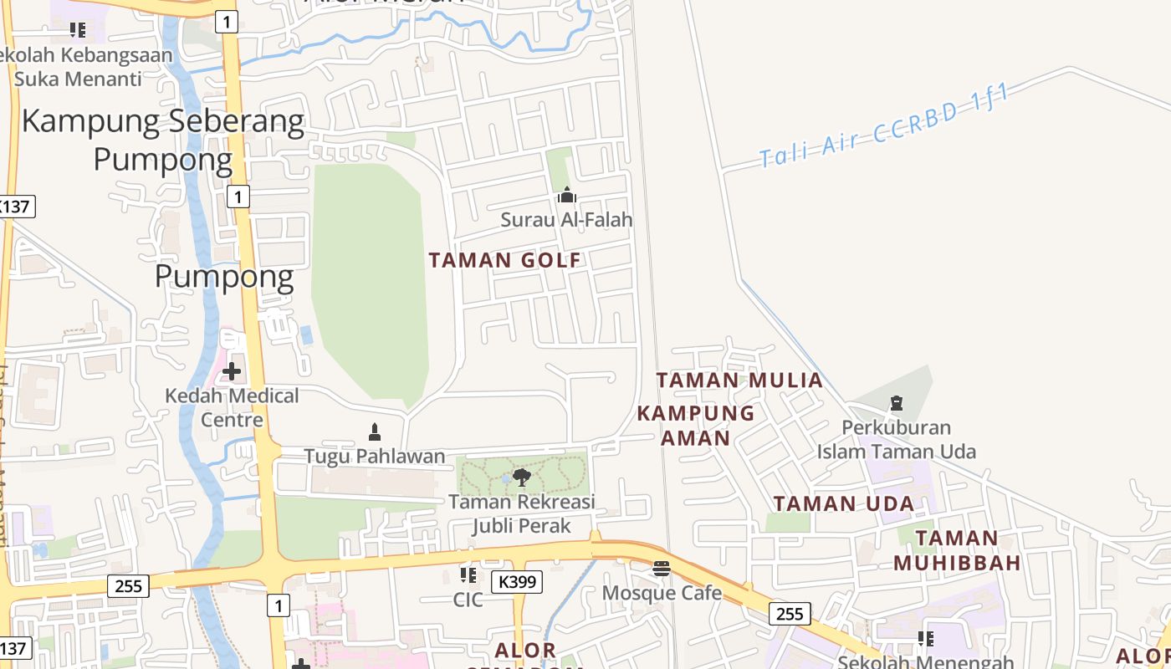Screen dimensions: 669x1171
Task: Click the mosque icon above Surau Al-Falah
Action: [x=567, y=196]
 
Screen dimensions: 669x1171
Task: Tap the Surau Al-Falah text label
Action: [x=566, y=220]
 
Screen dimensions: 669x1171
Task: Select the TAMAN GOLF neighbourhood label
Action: [x=504, y=260]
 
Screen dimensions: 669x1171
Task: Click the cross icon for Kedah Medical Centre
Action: [x=232, y=370]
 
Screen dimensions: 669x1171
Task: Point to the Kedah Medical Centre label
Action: [x=232, y=407]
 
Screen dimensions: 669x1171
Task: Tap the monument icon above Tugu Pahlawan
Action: [x=375, y=432]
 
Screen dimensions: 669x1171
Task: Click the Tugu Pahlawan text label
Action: [x=374, y=457]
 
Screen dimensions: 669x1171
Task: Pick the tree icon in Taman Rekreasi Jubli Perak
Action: [x=522, y=477]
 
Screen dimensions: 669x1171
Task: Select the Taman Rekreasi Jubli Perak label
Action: [x=522, y=513]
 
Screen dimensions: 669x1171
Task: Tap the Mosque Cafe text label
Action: [x=662, y=593]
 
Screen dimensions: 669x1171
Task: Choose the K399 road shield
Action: [x=516, y=582]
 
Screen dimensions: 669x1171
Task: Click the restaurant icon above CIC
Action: [x=468, y=575]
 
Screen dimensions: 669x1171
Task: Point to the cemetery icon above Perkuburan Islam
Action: [x=897, y=404]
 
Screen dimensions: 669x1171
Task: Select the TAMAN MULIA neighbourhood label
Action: [x=739, y=380]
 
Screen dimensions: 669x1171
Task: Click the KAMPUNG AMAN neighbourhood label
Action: [x=696, y=426]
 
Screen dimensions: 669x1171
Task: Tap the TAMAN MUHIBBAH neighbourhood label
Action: [x=957, y=550]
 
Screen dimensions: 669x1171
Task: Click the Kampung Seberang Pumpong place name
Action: [x=163, y=140]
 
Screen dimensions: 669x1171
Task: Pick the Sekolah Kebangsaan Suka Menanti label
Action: [x=88, y=67]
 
